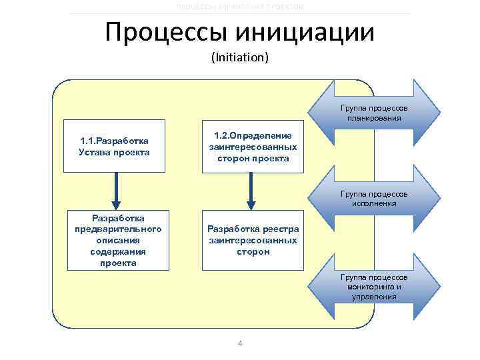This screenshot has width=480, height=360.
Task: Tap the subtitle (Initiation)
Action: (240, 58)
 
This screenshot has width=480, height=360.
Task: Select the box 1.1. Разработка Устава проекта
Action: (114, 147)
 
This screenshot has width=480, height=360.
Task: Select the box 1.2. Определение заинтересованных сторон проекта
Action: (253, 146)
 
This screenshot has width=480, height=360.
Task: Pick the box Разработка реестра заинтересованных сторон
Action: (253, 241)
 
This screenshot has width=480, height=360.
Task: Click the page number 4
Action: (240, 343)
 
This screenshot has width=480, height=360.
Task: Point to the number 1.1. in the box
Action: (88, 141)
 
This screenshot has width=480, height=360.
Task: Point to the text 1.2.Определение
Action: (253, 135)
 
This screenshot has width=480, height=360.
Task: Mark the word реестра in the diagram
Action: (281, 229)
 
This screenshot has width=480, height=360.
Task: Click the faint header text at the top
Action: (240, 7)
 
